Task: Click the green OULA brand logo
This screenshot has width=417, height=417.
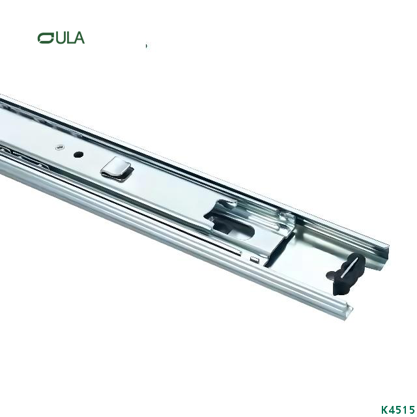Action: [x=61, y=38]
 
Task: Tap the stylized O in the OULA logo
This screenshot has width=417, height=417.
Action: [x=46, y=38]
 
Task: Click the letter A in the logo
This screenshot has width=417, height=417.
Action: [x=78, y=38]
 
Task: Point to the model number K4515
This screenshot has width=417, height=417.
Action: [x=397, y=409]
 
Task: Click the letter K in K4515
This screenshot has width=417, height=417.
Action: [x=384, y=409]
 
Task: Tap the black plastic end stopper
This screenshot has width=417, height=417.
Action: [x=345, y=274]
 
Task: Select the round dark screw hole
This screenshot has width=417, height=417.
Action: [x=78, y=155]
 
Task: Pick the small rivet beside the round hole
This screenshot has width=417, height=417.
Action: [x=59, y=147]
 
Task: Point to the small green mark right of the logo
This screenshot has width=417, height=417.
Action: [x=147, y=46]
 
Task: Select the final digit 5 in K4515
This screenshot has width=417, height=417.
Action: [x=412, y=409]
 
